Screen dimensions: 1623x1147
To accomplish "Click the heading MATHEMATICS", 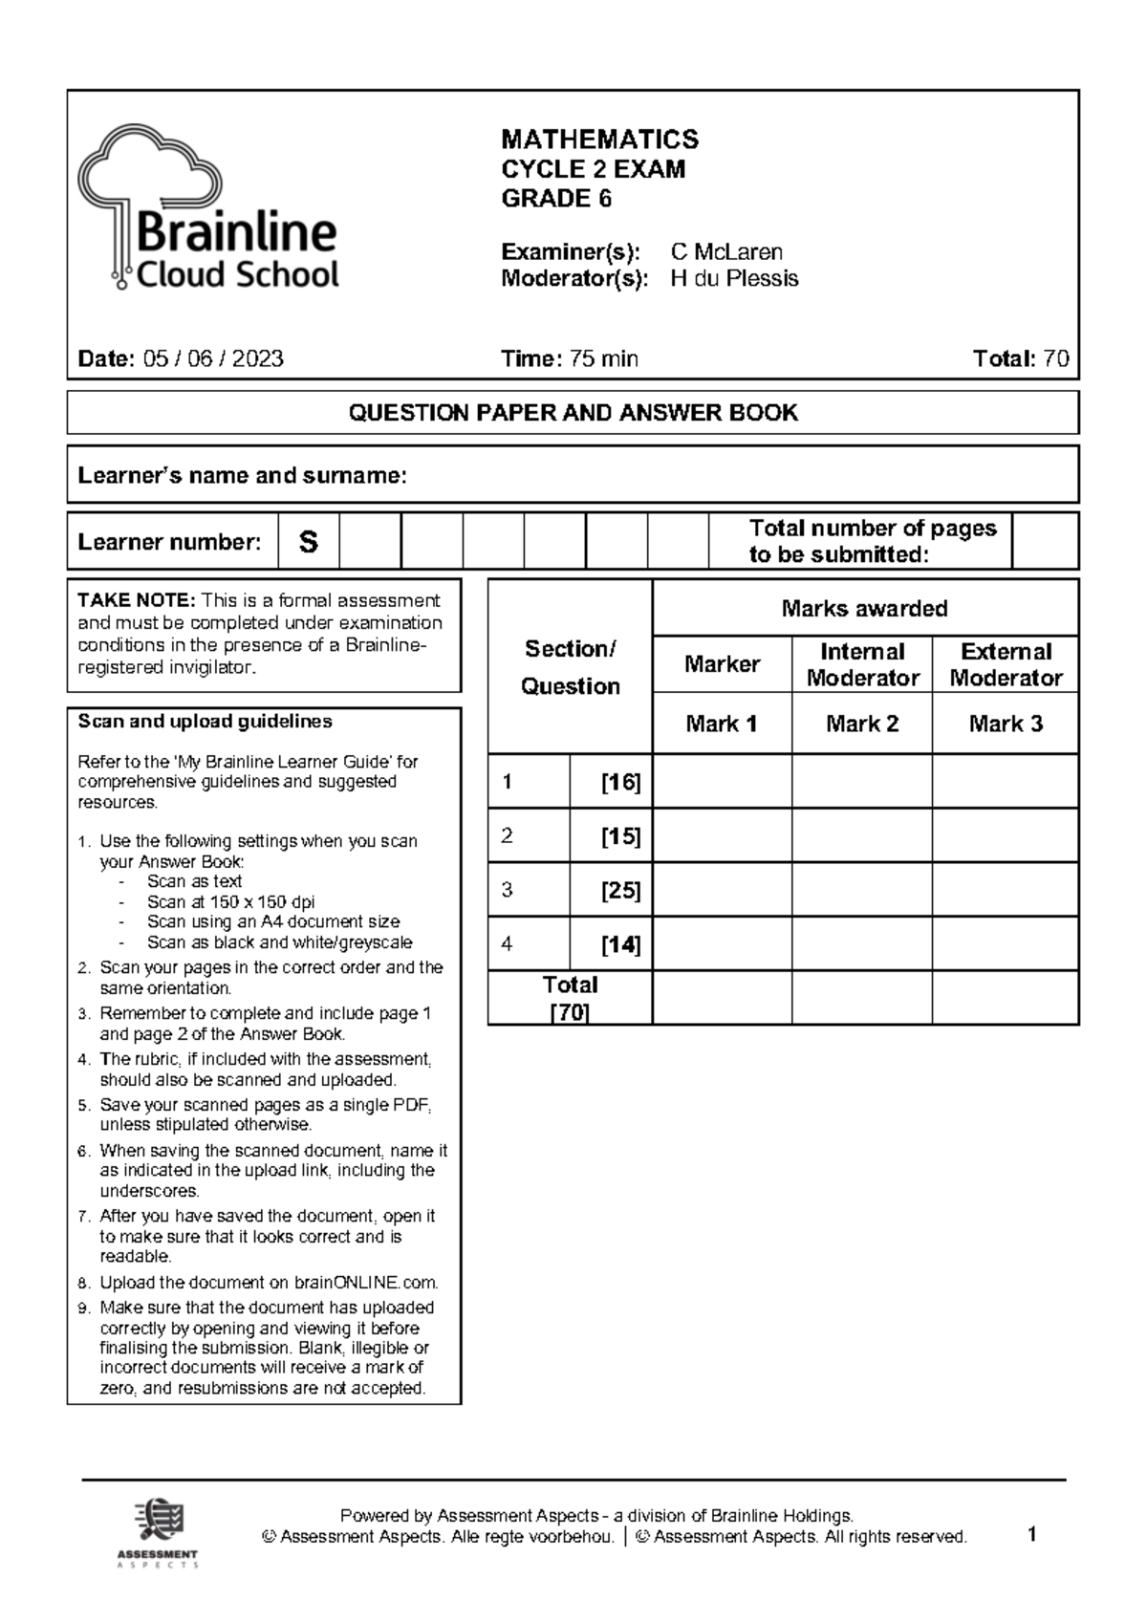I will pyautogui.click(x=599, y=140).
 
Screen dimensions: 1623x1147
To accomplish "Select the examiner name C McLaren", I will pyautogui.click(x=726, y=252).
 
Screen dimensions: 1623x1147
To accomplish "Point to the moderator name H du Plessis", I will pyautogui.click(x=734, y=279).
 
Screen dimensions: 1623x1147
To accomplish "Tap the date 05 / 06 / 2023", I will pyautogui.click(x=212, y=359).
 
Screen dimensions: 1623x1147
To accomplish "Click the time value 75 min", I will pyautogui.click(x=603, y=359).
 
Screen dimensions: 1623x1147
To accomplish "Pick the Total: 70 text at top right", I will pyautogui.click(x=1020, y=359).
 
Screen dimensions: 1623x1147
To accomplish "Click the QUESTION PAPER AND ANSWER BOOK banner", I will pyautogui.click(x=573, y=413).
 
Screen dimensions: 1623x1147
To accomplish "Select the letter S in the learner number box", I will pyautogui.click(x=308, y=543).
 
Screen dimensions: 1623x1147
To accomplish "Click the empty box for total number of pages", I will pyautogui.click(x=1044, y=541).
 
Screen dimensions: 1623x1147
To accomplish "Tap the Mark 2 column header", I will pyautogui.click(x=861, y=724).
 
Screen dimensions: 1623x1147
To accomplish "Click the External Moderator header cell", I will pyautogui.click(x=1005, y=664).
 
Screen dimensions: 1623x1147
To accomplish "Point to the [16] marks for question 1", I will pyautogui.click(x=620, y=783).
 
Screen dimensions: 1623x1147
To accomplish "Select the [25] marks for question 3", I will pyautogui.click(x=620, y=891).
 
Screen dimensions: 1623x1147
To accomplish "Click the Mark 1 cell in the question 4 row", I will pyautogui.click(x=722, y=944).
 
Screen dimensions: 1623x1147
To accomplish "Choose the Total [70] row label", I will pyautogui.click(x=570, y=998).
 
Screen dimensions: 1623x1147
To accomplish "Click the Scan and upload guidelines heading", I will pyautogui.click(x=205, y=722).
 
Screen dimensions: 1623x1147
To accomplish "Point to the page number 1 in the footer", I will pyautogui.click(x=1031, y=1535).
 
